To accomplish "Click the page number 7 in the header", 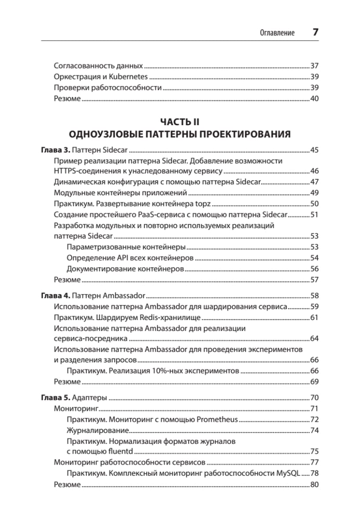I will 315,33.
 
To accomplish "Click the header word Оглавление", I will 277,33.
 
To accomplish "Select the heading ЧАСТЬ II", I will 180,122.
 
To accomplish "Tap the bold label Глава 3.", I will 56,150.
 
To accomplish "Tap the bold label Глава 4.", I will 56,295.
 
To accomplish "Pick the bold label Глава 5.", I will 56,397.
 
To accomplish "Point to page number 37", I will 314,66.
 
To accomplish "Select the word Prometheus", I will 217,419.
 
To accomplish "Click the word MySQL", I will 287,473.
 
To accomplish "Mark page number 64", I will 314,339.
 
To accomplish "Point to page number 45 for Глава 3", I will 314,150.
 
